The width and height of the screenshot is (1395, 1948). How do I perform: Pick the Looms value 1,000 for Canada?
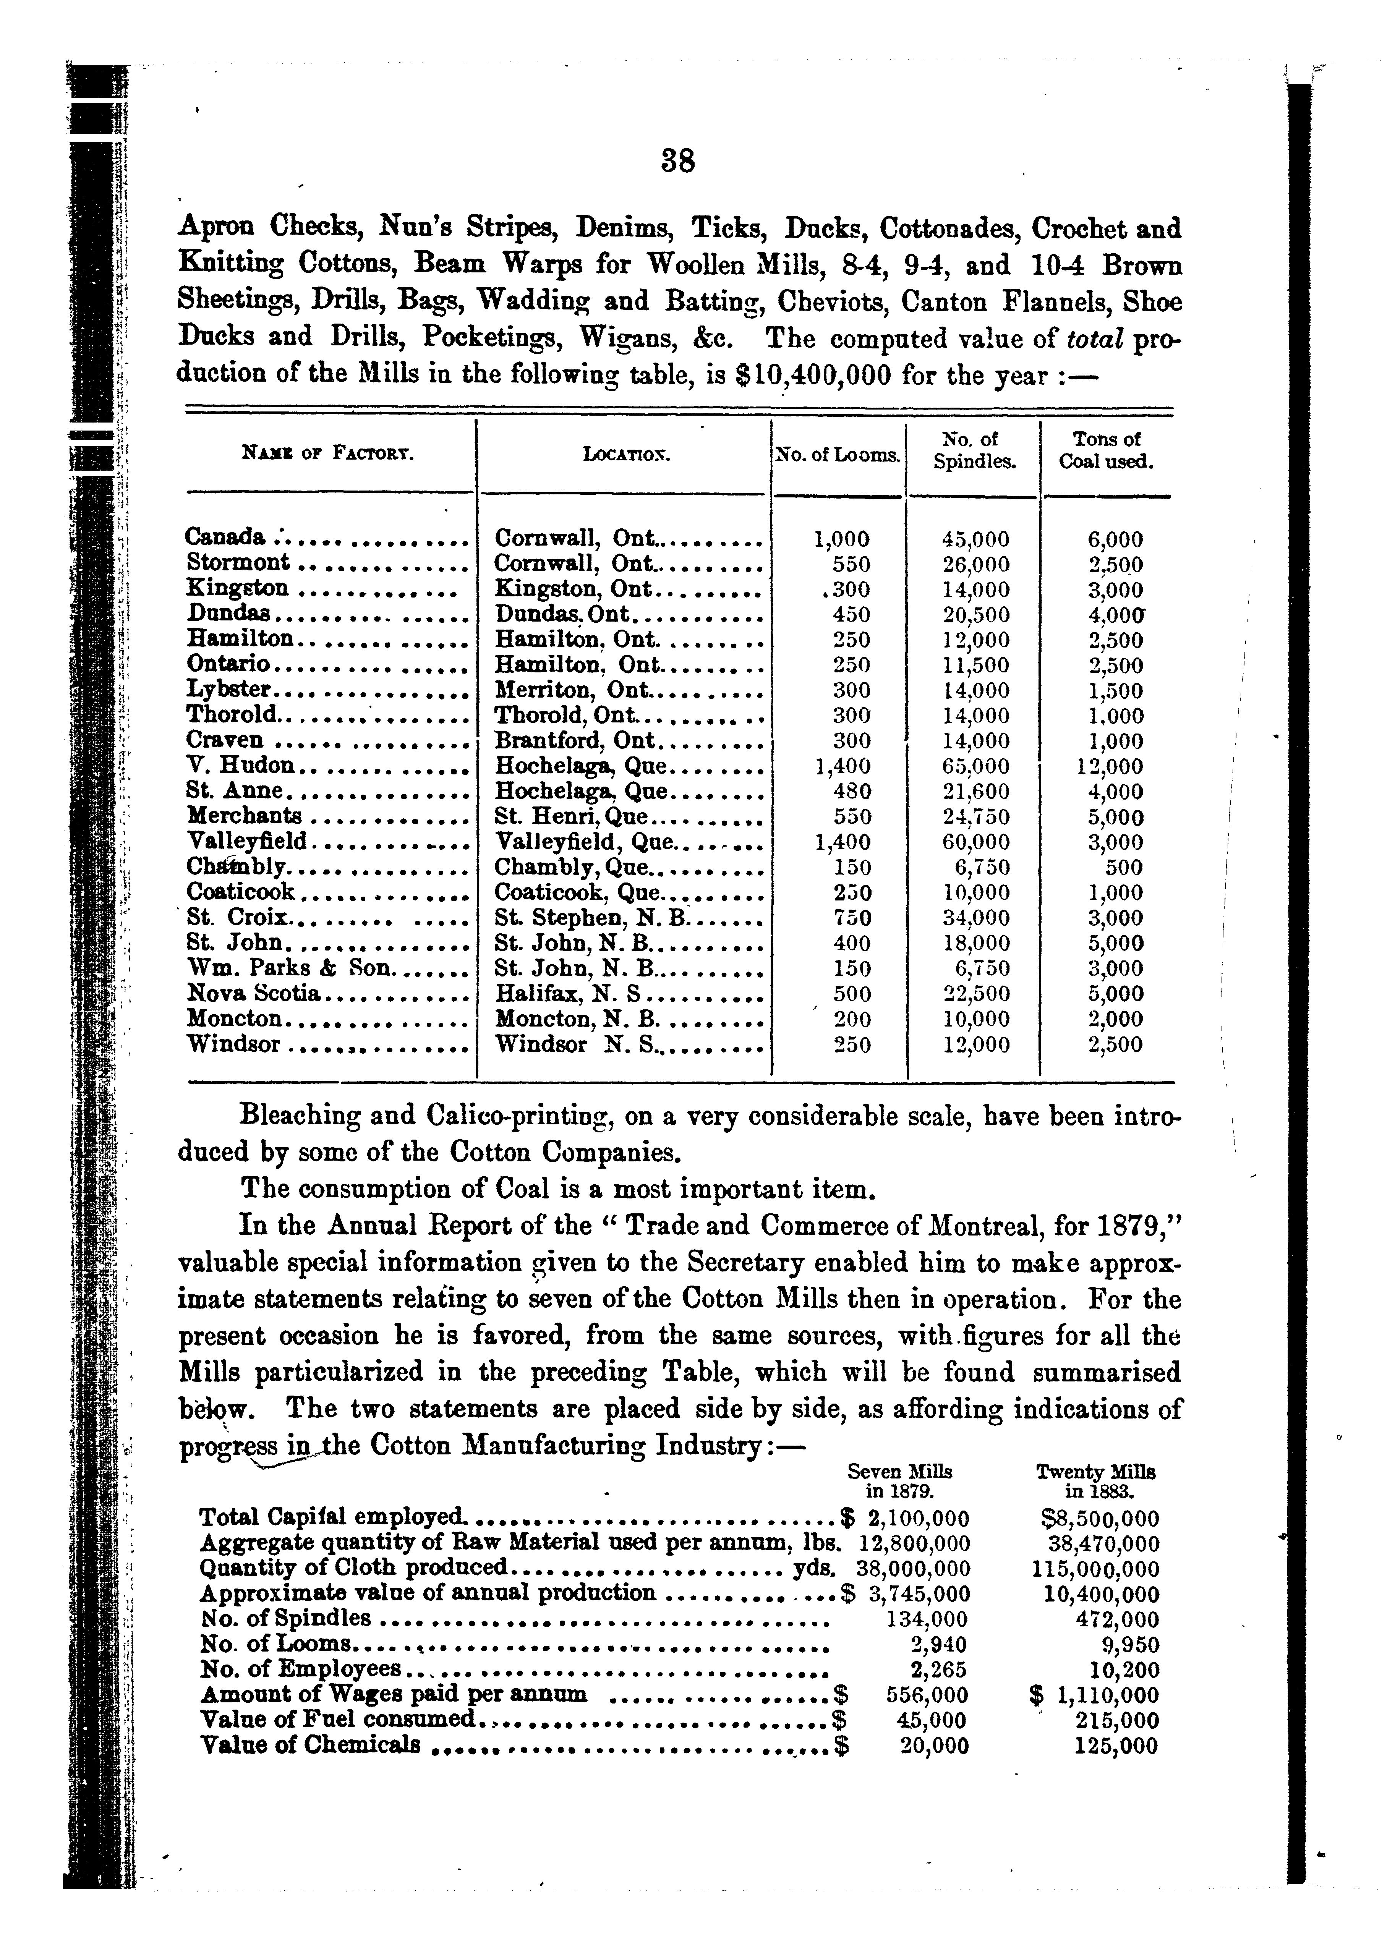tap(841, 539)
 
